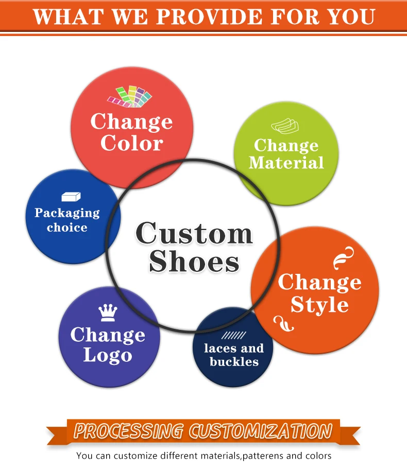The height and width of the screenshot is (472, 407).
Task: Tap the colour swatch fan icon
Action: (130, 96)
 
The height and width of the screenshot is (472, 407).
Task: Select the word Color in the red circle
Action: (131, 143)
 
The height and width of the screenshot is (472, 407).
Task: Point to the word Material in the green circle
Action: (286, 163)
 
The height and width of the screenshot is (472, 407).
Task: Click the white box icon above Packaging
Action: (71, 196)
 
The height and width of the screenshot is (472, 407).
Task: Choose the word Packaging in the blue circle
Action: (67, 213)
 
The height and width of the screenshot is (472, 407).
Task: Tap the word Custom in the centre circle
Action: (194, 233)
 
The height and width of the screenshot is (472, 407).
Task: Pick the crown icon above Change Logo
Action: (108, 312)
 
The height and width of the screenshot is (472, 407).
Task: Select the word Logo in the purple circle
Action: (108, 355)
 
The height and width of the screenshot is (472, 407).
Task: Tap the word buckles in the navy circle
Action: (234, 361)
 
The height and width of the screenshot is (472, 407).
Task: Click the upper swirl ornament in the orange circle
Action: (344, 257)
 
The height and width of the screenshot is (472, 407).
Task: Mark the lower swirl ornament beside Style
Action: (284, 324)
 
